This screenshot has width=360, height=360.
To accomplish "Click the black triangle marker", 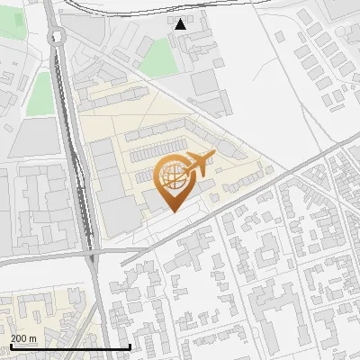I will coord(181,24).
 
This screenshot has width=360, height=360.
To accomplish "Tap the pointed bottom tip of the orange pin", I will coord(171,211).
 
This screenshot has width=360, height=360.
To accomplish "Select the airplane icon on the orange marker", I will coord(200,163).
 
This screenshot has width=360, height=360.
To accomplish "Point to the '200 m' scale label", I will coord(23,338).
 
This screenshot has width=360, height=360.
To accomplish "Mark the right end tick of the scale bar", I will coord(130,345).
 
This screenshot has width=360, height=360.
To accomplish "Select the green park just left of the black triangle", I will coord(159,58).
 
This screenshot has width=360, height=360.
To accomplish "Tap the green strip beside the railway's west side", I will coord(40,94).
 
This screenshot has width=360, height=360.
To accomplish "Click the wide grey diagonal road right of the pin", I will coord(270,184).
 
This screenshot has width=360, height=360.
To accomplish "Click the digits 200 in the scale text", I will coord(18,338).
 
